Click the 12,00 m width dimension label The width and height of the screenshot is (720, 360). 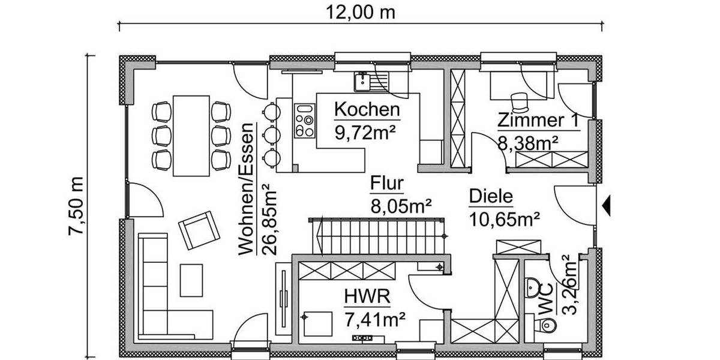click(x=361, y=12)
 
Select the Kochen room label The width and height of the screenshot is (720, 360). click(x=367, y=110)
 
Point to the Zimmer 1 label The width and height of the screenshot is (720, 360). click(x=538, y=120)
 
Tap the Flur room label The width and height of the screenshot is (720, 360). click(x=387, y=184)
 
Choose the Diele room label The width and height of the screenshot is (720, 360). click(x=491, y=196)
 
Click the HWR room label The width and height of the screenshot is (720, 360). click(x=367, y=296)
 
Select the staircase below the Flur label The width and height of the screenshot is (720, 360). click(x=378, y=235)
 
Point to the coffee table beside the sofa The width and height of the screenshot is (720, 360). click(x=192, y=281)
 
